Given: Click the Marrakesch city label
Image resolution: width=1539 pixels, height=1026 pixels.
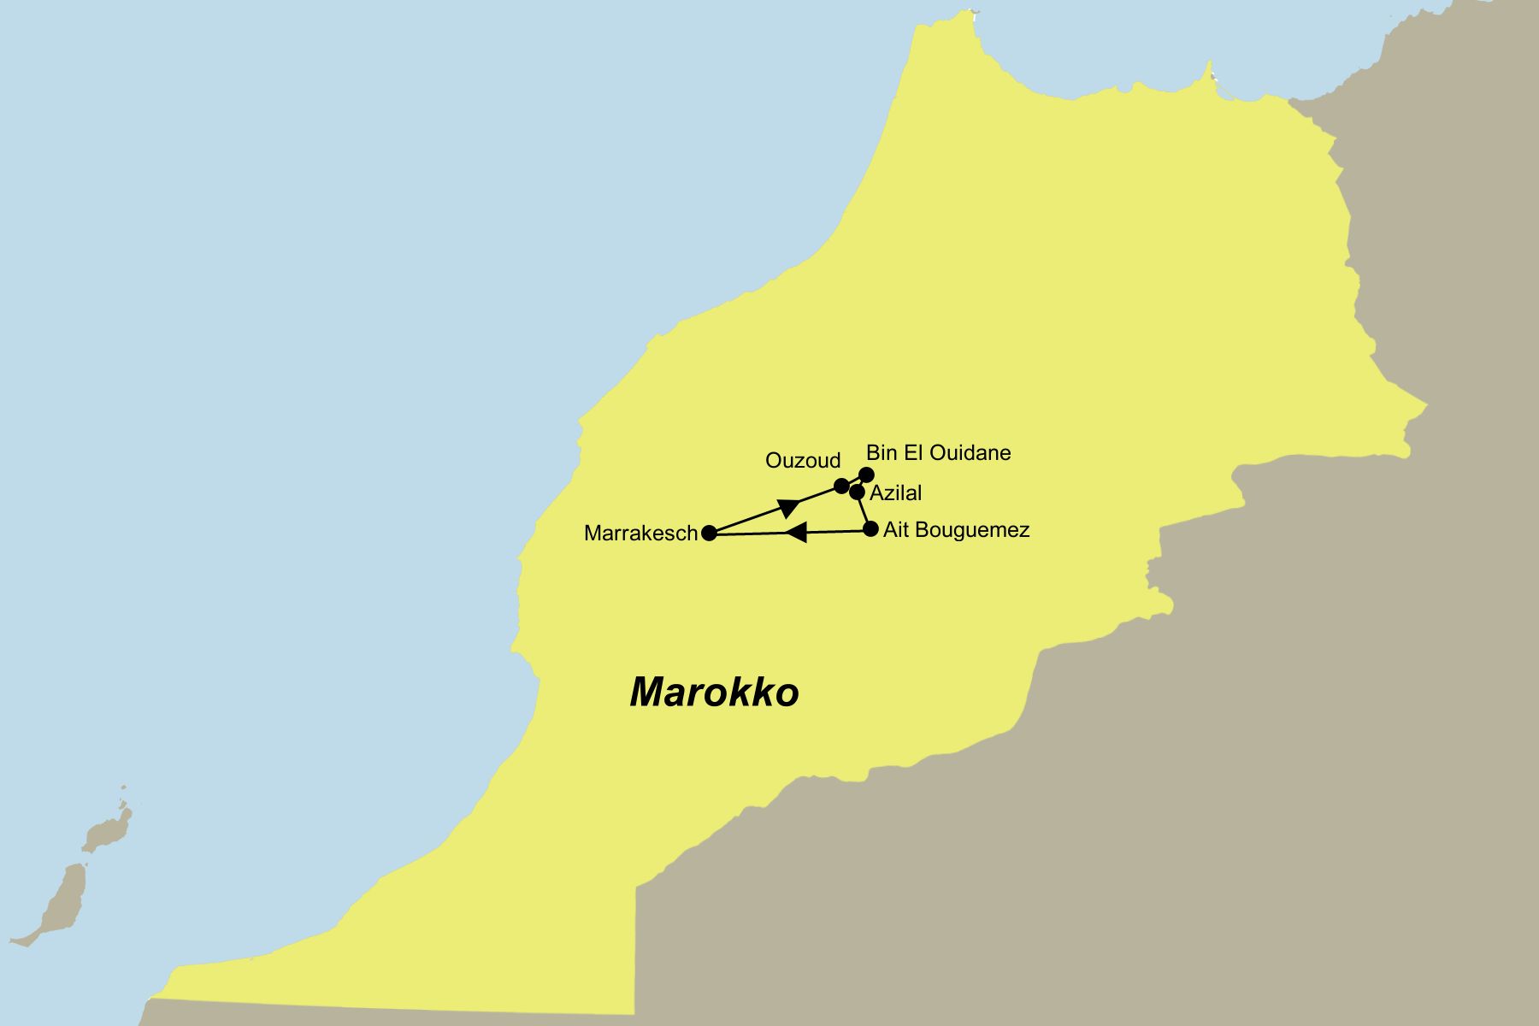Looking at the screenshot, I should pyautogui.click(x=640, y=534).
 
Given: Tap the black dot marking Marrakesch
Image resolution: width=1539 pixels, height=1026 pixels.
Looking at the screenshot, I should pyautogui.click(x=709, y=534).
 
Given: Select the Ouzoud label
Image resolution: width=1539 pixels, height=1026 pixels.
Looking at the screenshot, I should pyautogui.click(x=803, y=461).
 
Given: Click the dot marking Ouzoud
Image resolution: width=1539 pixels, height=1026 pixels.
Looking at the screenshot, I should pyautogui.click(x=841, y=486).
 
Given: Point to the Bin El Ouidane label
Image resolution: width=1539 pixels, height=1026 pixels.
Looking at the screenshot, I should pyautogui.click(x=938, y=452).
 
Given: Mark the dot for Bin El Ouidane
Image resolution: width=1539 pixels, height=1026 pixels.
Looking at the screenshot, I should pyautogui.click(x=866, y=475).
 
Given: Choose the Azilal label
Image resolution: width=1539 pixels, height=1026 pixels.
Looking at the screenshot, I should pyautogui.click(x=895, y=493).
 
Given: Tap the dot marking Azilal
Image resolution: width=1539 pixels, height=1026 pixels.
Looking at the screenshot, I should pyautogui.click(x=857, y=492).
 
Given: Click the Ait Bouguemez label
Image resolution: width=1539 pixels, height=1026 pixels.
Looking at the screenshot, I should pyautogui.click(x=956, y=530).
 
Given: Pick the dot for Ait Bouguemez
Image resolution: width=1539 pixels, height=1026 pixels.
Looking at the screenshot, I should pyautogui.click(x=870, y=529).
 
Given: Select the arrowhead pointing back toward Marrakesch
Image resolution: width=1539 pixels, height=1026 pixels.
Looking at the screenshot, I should pyautogui.click(x=796, y=533).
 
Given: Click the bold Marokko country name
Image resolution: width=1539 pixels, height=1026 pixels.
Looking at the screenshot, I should pyautogui.click(x=714, y=692).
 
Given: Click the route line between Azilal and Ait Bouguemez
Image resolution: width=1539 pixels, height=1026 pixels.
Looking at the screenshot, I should pyautogui.click(x=864, y=511).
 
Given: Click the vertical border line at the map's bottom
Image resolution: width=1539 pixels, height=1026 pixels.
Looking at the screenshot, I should pyautogui.click(x=635, y=949).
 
